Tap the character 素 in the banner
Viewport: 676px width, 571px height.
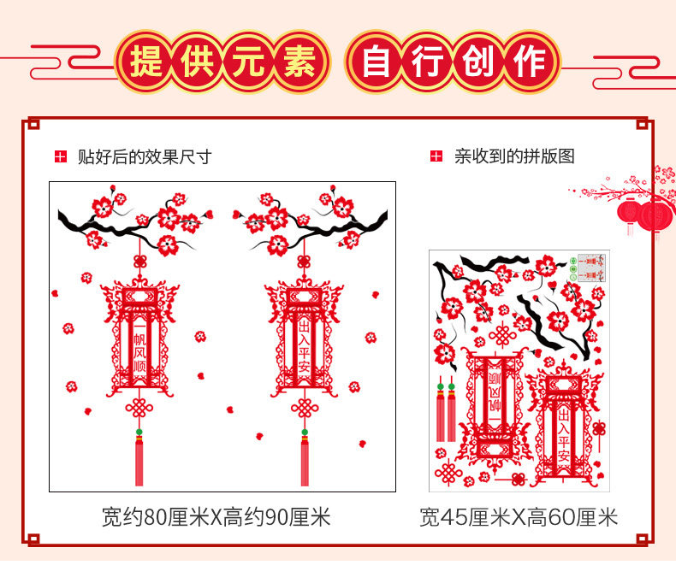coord(299,62)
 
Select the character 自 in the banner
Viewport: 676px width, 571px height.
coord(377,62)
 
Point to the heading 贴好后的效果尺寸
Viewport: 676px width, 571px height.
coord(144,156)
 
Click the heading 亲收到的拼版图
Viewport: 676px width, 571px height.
coord(514,156)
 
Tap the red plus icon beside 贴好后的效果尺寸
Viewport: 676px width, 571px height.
coord(60,156)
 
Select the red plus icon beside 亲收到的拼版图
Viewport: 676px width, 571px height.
coord(436,156)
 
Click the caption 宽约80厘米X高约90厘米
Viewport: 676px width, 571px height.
coord(216,517)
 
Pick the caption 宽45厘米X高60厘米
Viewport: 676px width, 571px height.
coord(519,517)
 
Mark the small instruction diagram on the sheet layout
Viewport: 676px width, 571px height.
coord(589,267)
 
